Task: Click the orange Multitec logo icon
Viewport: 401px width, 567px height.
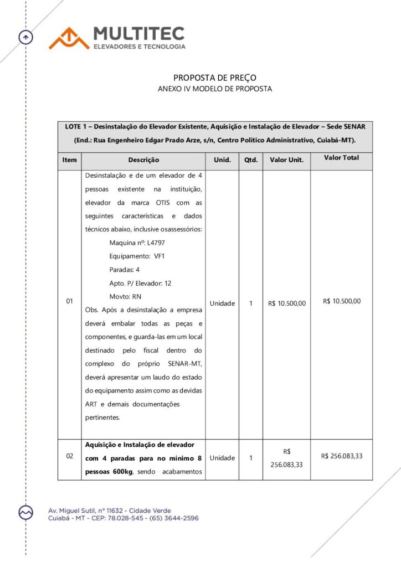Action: pos(69,38)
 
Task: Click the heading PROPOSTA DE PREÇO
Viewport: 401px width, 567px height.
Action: pos(215,78)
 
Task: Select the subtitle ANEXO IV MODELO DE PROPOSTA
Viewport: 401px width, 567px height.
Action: pos(215,89)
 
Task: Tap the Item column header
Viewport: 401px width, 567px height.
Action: pos(69,160)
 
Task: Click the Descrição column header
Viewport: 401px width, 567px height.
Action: pos(143,160)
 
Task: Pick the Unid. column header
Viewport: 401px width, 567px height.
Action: pos(222,160)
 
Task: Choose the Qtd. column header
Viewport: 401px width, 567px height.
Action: pos(251,160)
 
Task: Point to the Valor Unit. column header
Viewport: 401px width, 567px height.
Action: pos(286,160)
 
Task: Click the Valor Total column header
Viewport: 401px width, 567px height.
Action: pos(341,158)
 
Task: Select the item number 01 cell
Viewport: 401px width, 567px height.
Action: pos(69,302)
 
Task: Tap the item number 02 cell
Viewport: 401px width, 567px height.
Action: pos(69,456)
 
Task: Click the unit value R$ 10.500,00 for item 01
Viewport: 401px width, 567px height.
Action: pos(286,303)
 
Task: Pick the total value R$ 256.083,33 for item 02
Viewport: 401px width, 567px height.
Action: pos(341,456)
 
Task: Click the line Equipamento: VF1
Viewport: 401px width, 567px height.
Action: pos(137,256)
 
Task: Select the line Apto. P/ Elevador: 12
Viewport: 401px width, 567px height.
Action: pos(141,283)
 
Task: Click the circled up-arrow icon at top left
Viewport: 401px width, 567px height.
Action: pos(25,37)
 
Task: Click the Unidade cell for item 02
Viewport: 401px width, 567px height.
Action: pos(222,458)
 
